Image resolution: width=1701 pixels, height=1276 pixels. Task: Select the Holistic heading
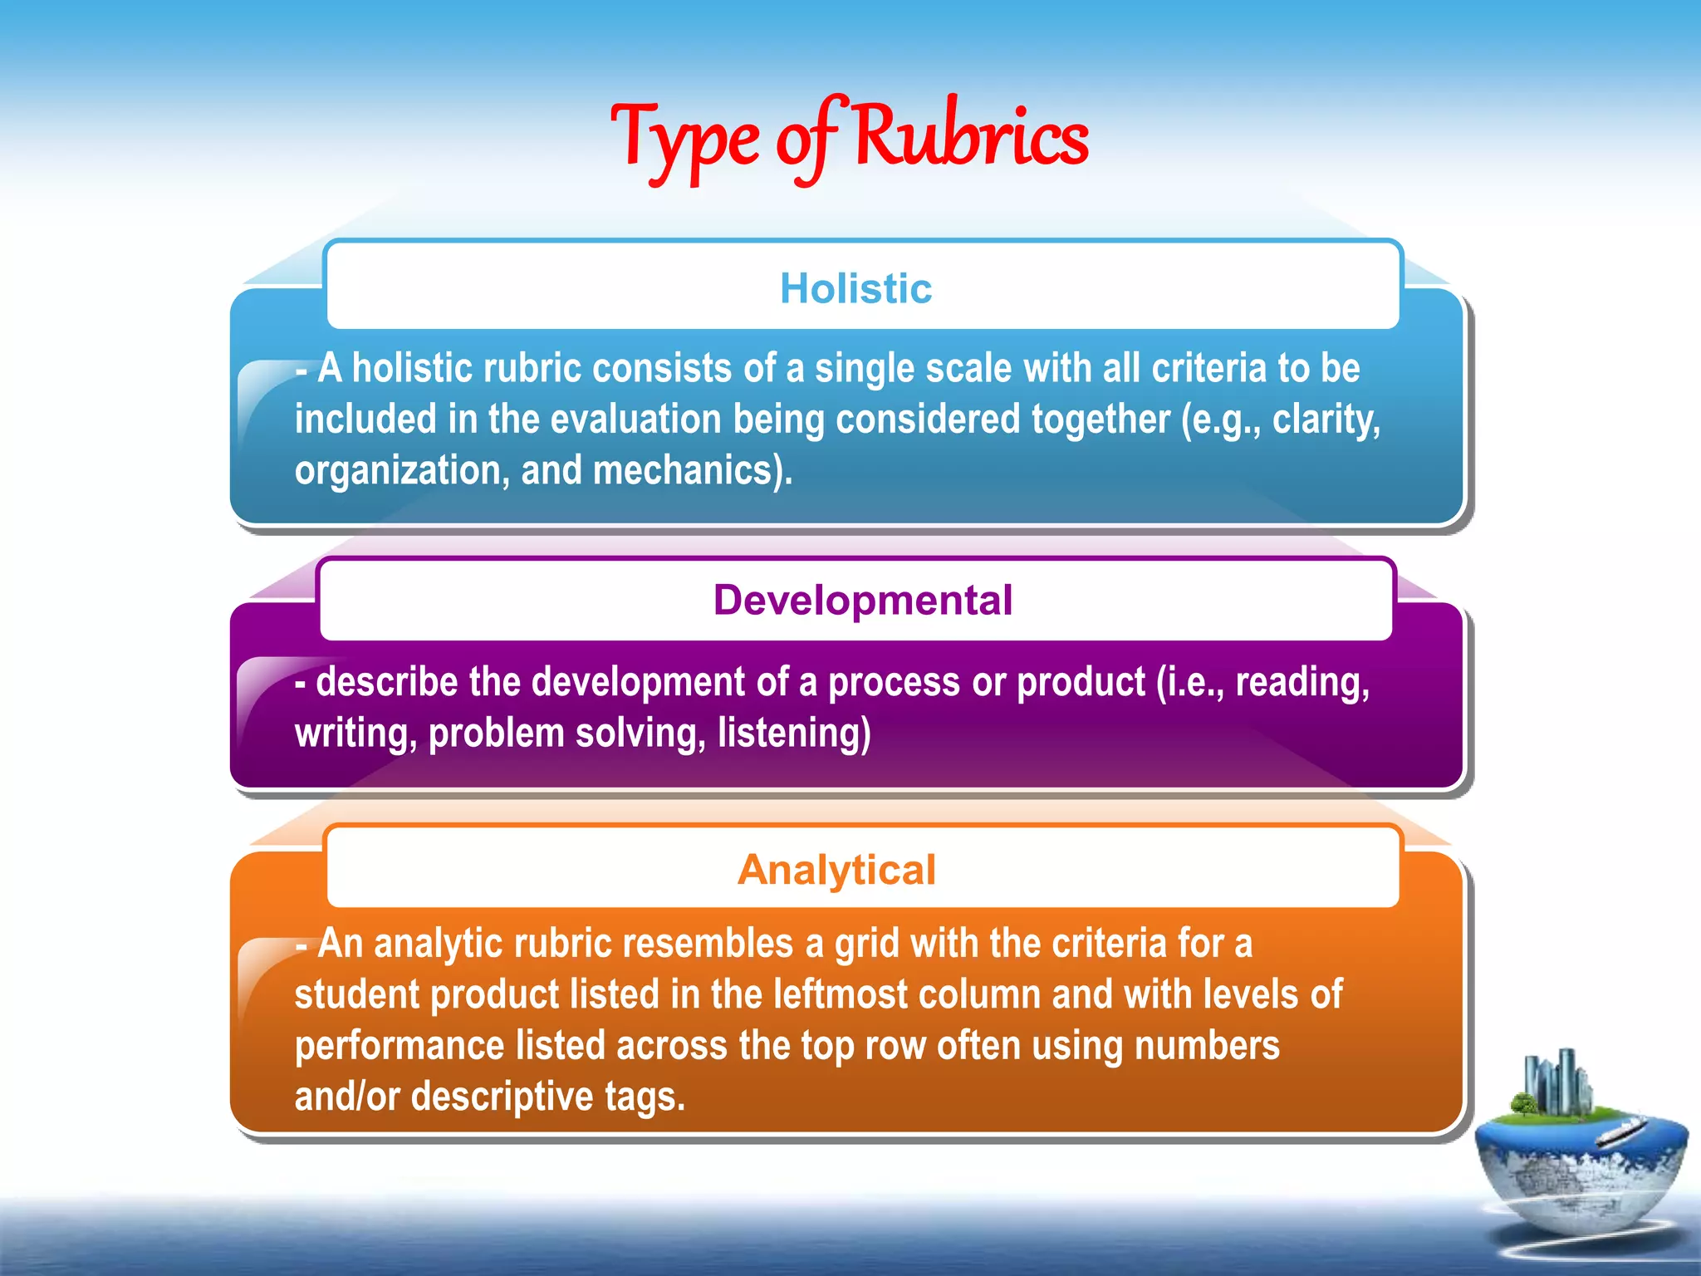pos(855,288)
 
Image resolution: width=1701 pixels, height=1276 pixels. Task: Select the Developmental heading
pos(862,600)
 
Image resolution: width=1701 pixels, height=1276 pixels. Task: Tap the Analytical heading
pos(836,870)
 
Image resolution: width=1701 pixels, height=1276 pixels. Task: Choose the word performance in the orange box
pos(399,1047)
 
